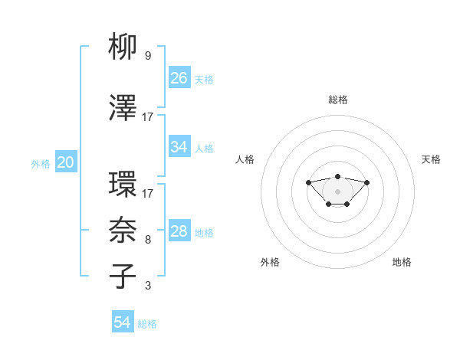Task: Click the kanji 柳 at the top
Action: point(123,47)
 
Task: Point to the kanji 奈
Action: point(123,231)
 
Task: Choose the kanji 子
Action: point(123,276)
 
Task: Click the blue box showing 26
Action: point(179,77)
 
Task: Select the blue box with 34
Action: point(179,147)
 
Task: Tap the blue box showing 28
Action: point(179,231)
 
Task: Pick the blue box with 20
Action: point(66,162)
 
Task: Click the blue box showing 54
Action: point(123,322)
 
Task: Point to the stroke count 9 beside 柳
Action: point(147,56)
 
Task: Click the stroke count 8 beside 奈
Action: point(147,240)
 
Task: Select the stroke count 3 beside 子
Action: point(147,286)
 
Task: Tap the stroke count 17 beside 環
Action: point(147,194)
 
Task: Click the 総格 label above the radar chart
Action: point(338,100)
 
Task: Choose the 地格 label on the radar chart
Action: point(402,262)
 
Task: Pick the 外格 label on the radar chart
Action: point(270,262)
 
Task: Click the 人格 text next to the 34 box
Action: point(204,148)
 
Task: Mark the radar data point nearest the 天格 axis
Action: point(366,182)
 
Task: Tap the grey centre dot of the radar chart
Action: point(337,191)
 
